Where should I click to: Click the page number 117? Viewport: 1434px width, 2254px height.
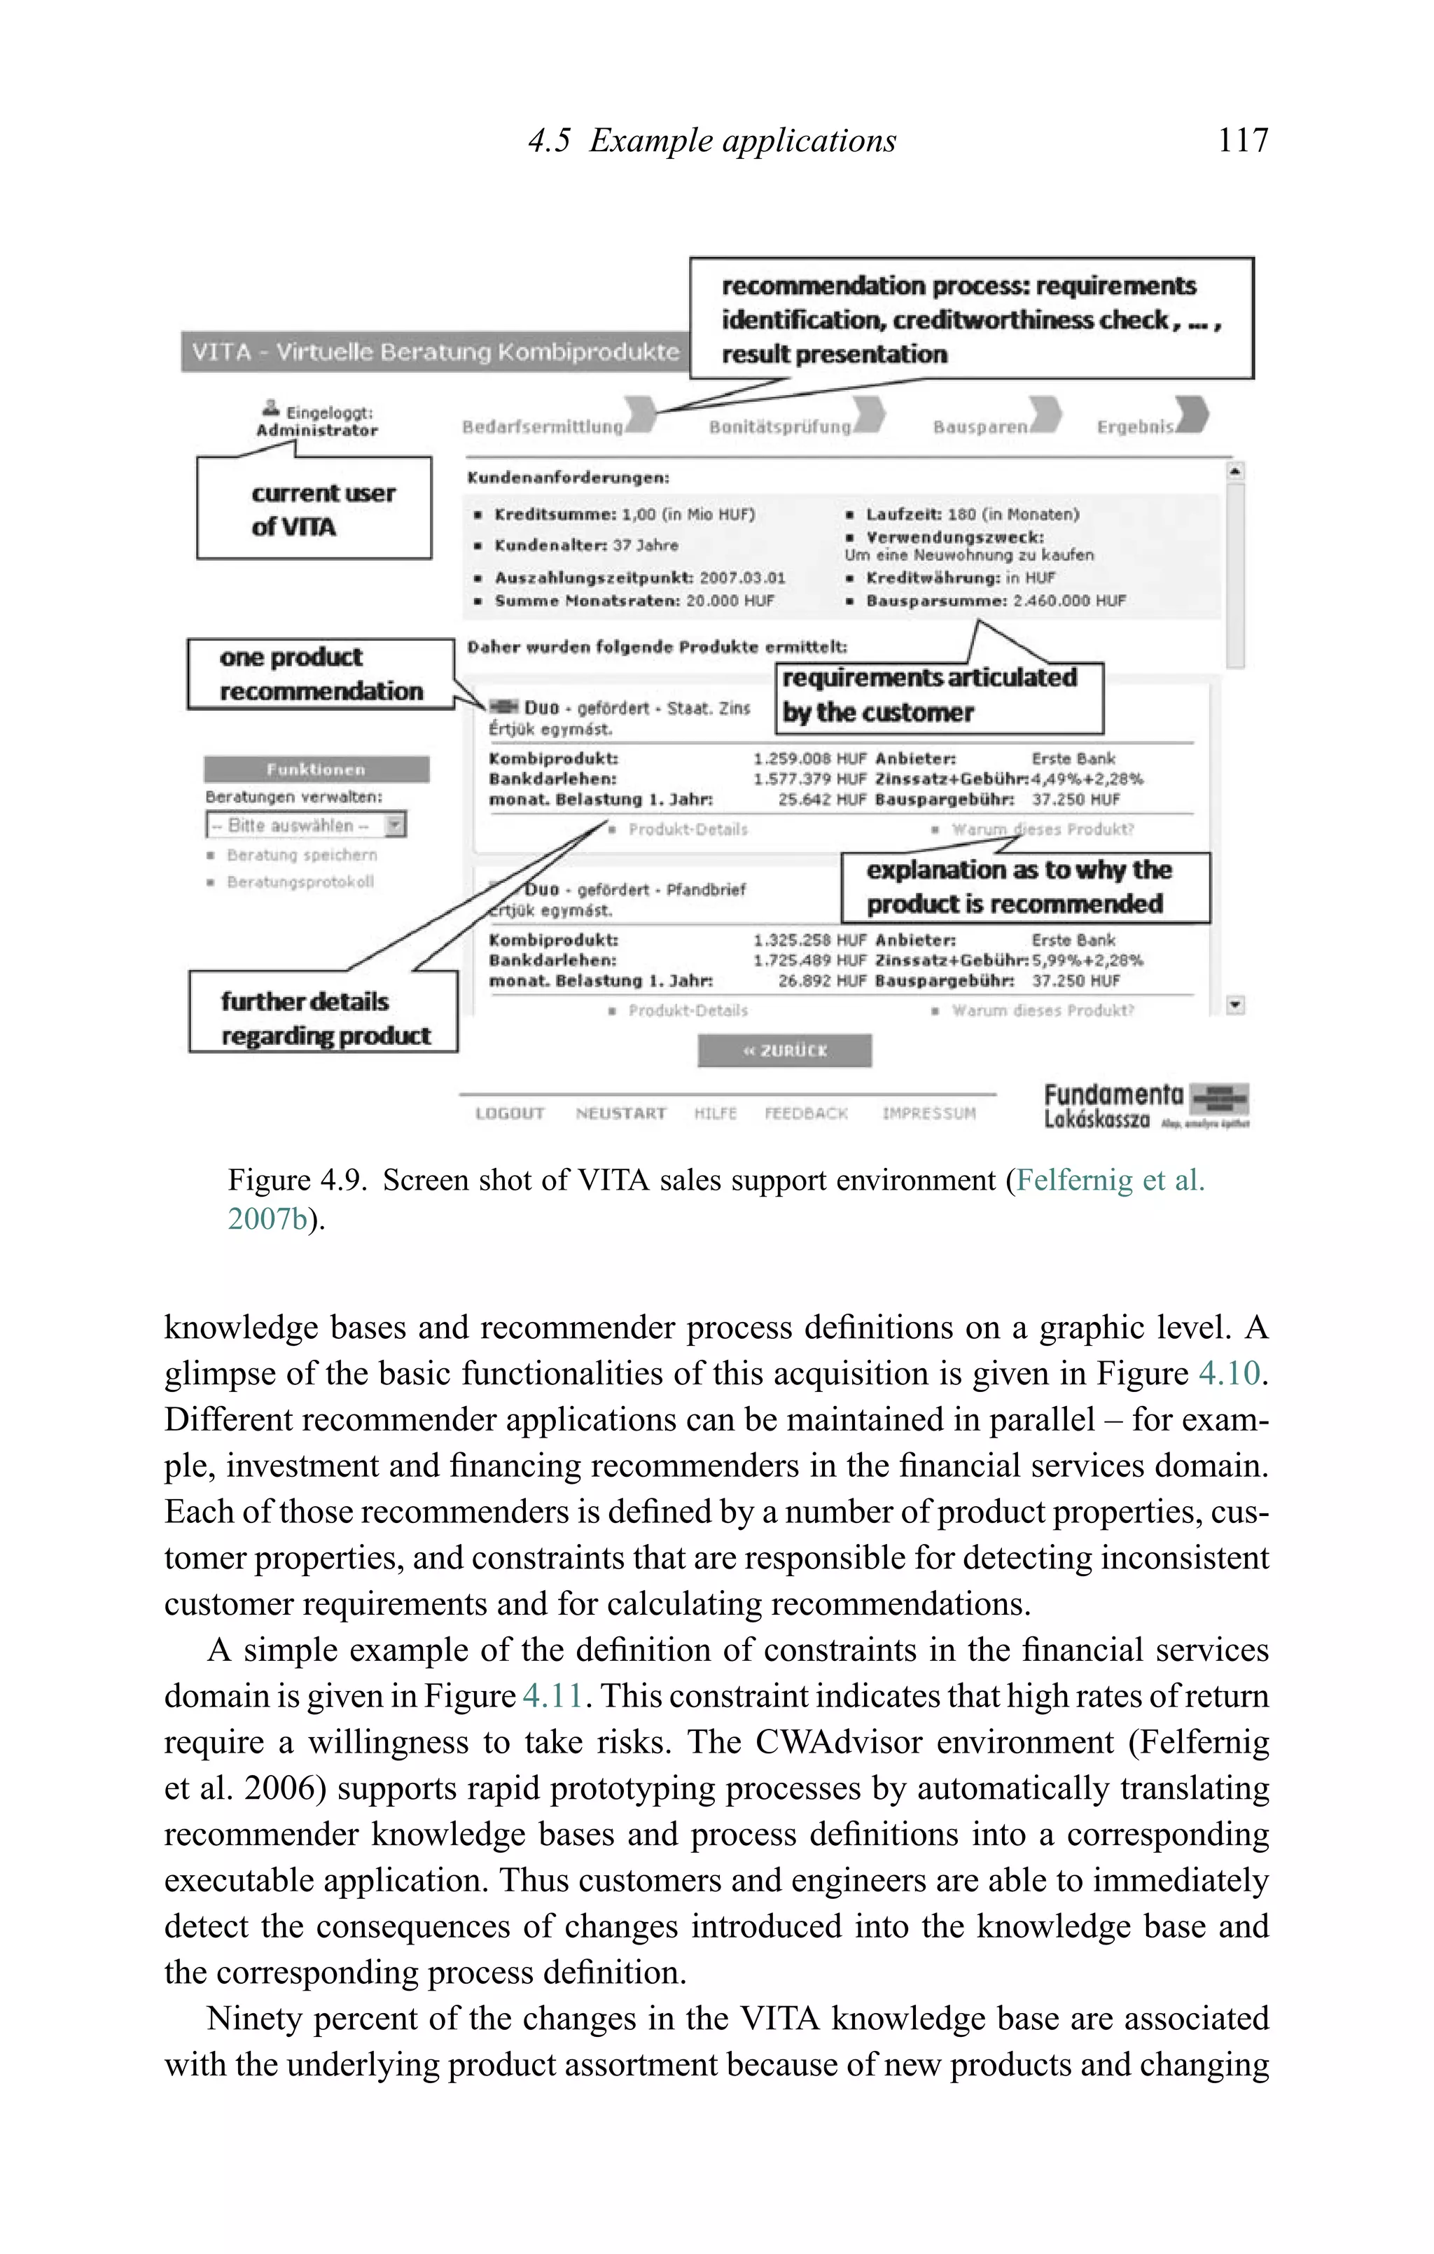click(x=1242, y=141)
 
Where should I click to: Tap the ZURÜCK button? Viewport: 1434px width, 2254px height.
click(x=784, y=1050)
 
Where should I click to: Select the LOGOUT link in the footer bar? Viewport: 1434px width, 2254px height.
click(x=509, y=1113)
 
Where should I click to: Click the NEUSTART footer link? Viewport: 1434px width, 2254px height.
click(x=620, y=1113)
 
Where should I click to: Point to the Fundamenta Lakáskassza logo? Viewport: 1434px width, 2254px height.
click(x=1146, y=1106)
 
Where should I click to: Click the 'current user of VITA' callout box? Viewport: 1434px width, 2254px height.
click(x=314, y=508)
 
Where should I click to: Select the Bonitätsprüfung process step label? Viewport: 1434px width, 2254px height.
click(x=780, y=427)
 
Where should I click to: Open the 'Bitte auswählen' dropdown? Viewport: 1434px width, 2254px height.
click(x=306, y=825)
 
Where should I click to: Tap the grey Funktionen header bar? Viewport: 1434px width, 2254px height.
click(x=316, y=770)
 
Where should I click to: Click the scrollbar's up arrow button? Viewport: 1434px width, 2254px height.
click(x=1236, y=471)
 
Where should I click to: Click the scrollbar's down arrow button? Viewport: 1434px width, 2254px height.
click(x=1236, y=1004)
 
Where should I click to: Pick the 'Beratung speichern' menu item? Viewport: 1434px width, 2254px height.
click(x=301, y=854)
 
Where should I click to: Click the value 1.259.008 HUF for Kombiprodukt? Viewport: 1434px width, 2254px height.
click(x=809, y=758)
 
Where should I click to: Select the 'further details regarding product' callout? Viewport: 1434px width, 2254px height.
click(x=323, y=1017)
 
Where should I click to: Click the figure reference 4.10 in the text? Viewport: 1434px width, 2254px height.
click(x=1229, y=1373)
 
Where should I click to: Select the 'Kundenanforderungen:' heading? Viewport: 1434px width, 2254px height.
click(x=568, y=478)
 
